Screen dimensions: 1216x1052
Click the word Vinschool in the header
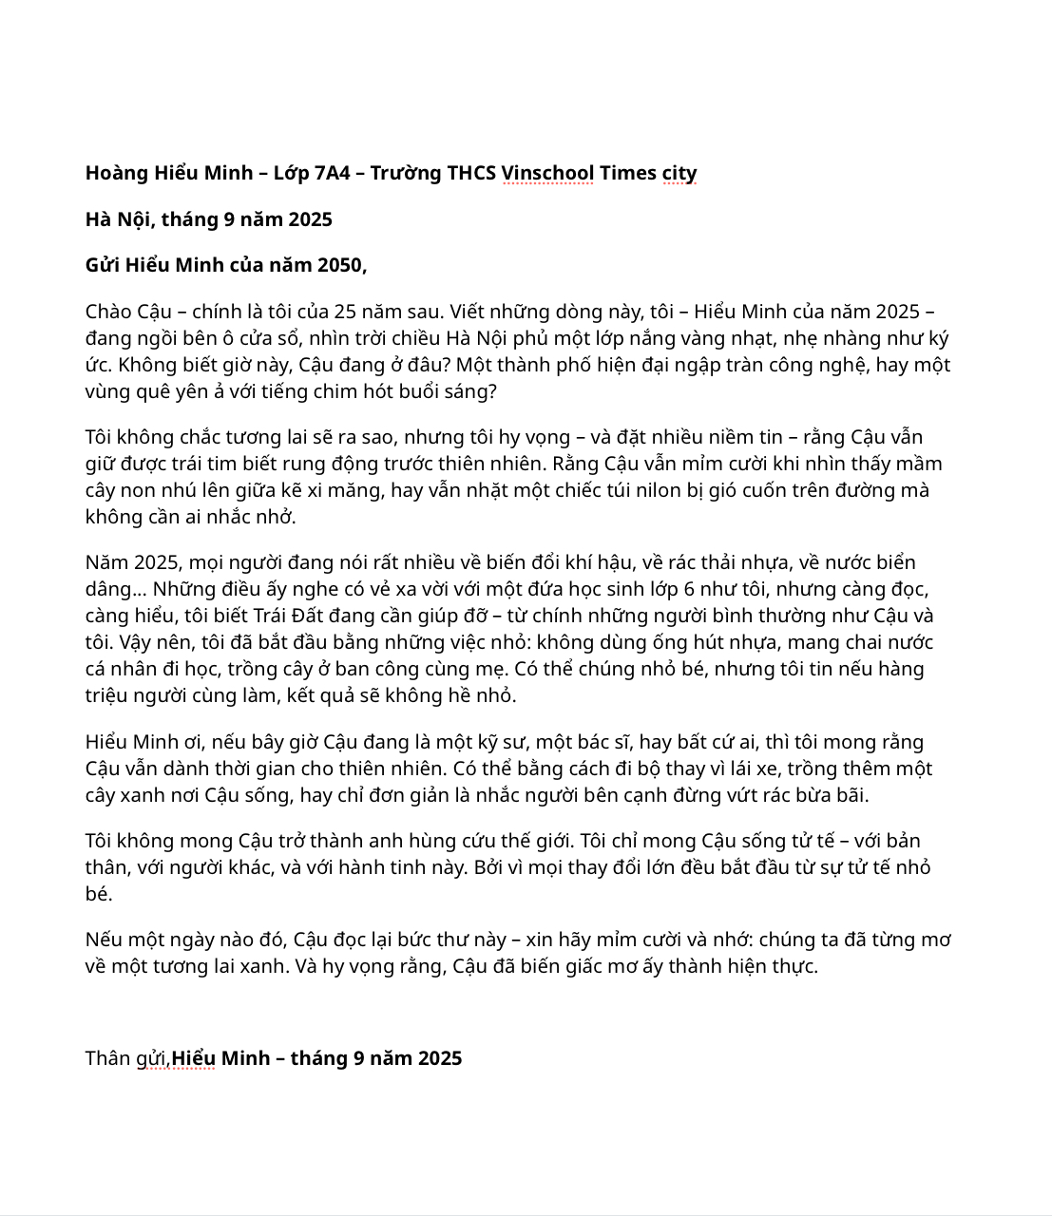[x=547, y=173]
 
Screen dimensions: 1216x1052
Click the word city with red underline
[x=679, y=173]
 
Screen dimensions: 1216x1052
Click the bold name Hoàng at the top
[x=116, y=173]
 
